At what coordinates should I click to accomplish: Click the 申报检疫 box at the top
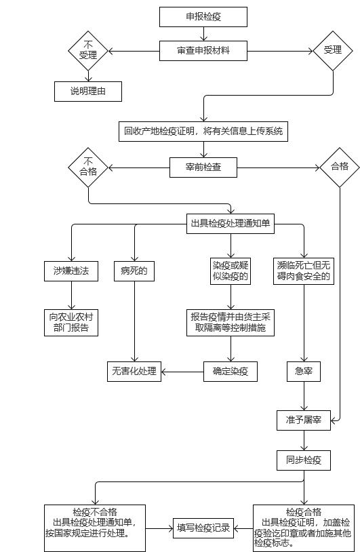(203, 17)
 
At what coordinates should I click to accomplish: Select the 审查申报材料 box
(203, 51)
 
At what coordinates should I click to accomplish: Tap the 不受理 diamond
(88, 51)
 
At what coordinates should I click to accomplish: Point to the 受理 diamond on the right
(333, 51)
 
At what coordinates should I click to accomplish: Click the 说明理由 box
(88, 92)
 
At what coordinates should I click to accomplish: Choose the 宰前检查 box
(203, 167)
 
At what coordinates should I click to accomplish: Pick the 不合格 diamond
(88, 167)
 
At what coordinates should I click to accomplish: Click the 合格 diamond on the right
(340, 167)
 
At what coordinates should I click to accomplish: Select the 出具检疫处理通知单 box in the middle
(231, 224)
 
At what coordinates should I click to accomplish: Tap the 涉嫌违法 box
(71, 271)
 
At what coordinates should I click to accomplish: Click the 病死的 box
(134, 271)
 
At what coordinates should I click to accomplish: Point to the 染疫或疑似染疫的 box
(231, 271)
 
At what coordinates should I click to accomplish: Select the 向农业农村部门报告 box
(71, 323)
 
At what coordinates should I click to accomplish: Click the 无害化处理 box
(134, 372)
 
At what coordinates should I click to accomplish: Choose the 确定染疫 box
(231, 372)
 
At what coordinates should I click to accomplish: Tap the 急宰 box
(304, 372)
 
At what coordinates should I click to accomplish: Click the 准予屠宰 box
(304, 420)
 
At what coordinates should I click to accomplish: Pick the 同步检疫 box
(304, 460)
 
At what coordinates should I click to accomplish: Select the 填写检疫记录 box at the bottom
(203, 528)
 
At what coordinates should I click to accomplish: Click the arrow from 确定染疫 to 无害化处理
(182, 372)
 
